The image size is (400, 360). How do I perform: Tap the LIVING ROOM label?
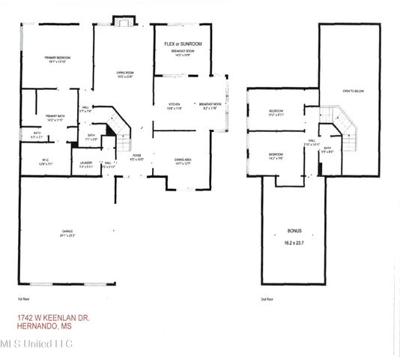click(x=124, y=72)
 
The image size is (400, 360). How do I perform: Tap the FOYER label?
click(x=137, y=156)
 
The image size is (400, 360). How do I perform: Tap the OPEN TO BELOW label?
click(x=352, y=91)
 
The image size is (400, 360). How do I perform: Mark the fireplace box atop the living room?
click(x=121, y=21)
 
